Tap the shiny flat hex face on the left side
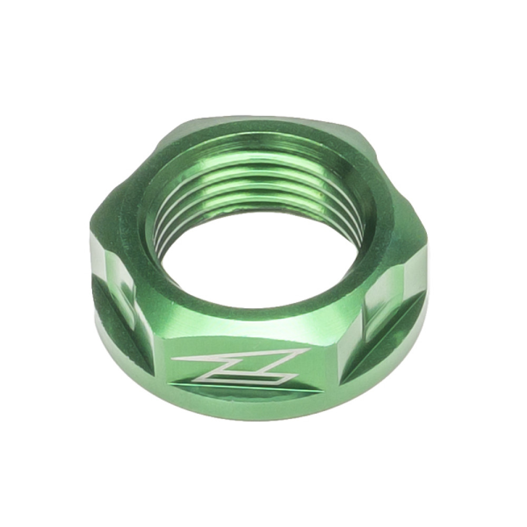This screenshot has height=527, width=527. (113, 274)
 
